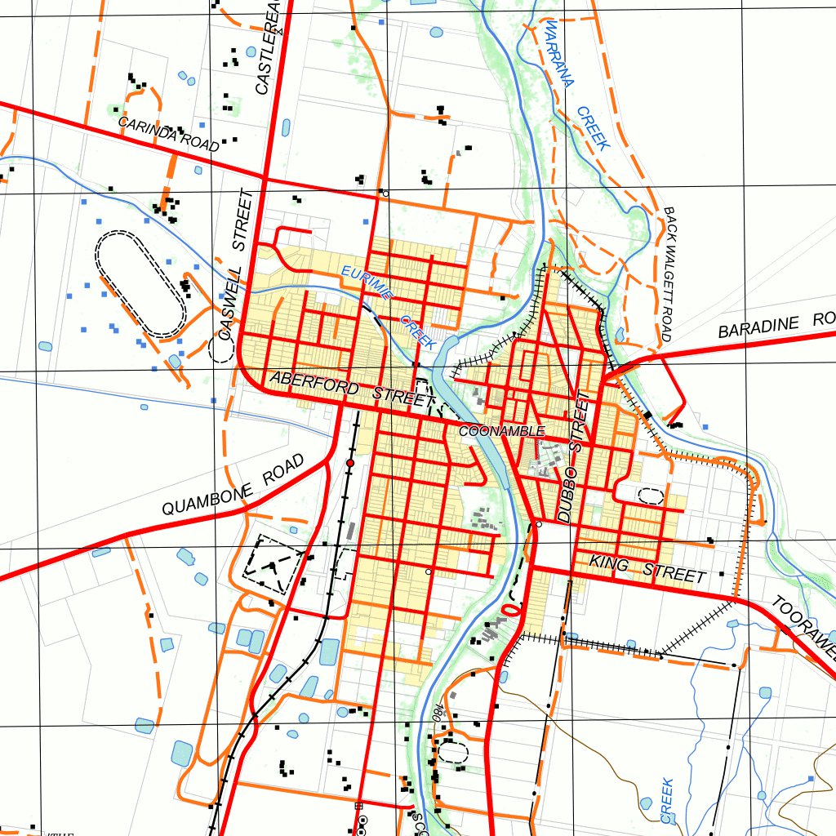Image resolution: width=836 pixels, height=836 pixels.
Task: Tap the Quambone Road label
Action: [x=233, y=486]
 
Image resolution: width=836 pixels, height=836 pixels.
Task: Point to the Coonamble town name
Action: [x=501, y=430]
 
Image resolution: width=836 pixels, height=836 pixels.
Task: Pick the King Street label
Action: [x=647, y=567]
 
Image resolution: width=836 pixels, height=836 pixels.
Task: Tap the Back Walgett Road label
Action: [x=669, y=274]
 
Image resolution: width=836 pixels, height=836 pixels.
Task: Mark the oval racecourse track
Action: [x=141, y=283]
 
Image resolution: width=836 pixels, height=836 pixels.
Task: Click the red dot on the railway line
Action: [x=350, y=463]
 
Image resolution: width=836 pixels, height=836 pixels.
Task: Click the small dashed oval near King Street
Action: [x=650, y=495]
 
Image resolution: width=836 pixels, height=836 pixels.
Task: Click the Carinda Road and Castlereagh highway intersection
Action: [x=264, y=176]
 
